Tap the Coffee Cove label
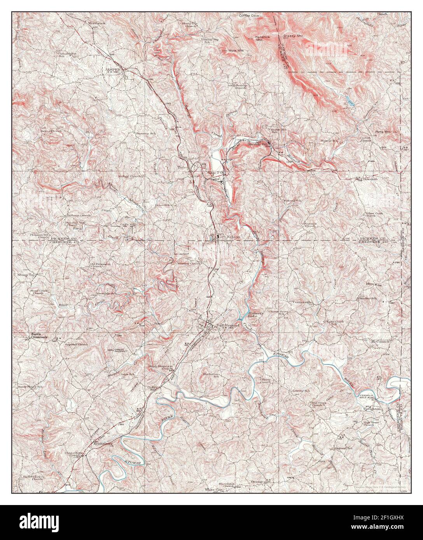coord(249,16)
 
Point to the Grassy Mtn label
coord(293,36)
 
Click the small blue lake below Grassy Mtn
coord(350,102)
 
